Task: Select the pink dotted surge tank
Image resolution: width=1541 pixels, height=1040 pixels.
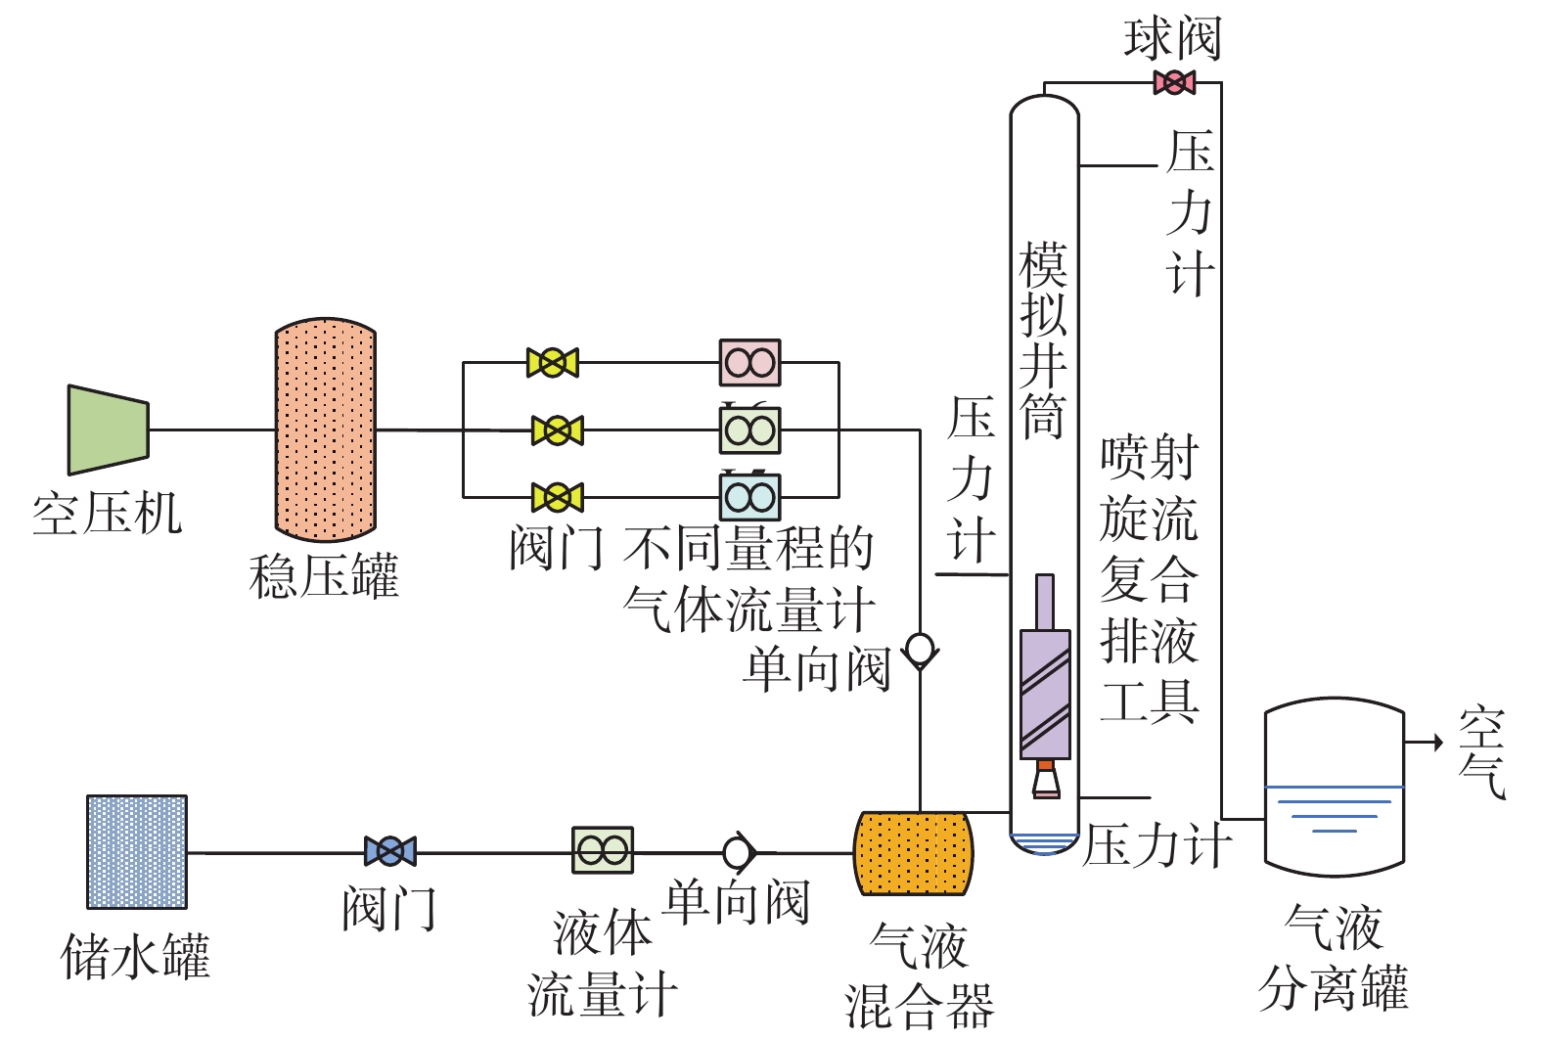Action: tap(325, 430)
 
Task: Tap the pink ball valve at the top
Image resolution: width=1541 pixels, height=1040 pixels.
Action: tap(1173, 82)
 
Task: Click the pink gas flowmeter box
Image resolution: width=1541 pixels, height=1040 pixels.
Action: tap(749, 363)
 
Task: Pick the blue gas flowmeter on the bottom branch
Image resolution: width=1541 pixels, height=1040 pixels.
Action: tap(749, 497)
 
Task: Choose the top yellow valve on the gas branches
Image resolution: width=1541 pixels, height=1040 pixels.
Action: tap(553, 363)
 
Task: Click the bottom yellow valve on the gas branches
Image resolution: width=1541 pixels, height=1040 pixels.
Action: tap(557, 497)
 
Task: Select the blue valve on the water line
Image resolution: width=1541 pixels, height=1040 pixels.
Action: tap(389, 851)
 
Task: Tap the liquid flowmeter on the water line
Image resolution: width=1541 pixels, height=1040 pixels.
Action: tap(603, 850)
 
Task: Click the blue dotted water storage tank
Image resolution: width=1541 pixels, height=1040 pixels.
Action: tap(137, 852)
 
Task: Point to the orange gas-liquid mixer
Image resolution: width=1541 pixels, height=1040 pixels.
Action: tap(913, 853)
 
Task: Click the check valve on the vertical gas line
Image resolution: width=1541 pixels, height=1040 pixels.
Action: tap(920, 649)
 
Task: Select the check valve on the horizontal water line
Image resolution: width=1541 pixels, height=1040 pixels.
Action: tap(738, 853)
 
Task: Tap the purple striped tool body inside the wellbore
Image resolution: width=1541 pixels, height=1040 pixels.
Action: tap(1045, 694)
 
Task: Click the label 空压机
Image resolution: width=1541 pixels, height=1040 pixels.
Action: tap(107, 514)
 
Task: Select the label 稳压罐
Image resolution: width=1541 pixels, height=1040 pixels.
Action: tap(324, 575)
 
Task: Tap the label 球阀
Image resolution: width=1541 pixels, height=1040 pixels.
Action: tap(1172, 39)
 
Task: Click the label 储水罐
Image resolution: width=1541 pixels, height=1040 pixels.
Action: tap(136, 956)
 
